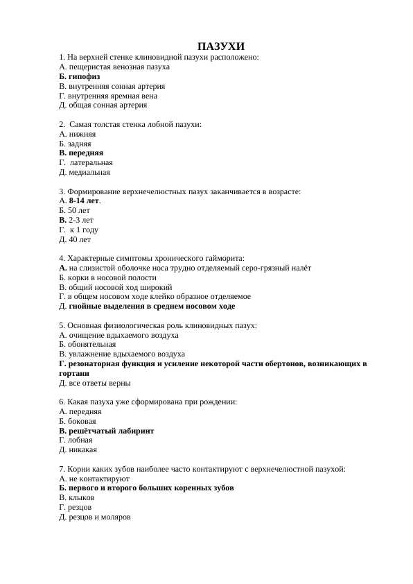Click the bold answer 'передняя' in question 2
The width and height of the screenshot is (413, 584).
click(x=86, y=153)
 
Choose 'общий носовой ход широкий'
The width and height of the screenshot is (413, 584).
click(x=120, y=286)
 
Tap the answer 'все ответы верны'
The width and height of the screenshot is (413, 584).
click(x=99, y=382)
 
